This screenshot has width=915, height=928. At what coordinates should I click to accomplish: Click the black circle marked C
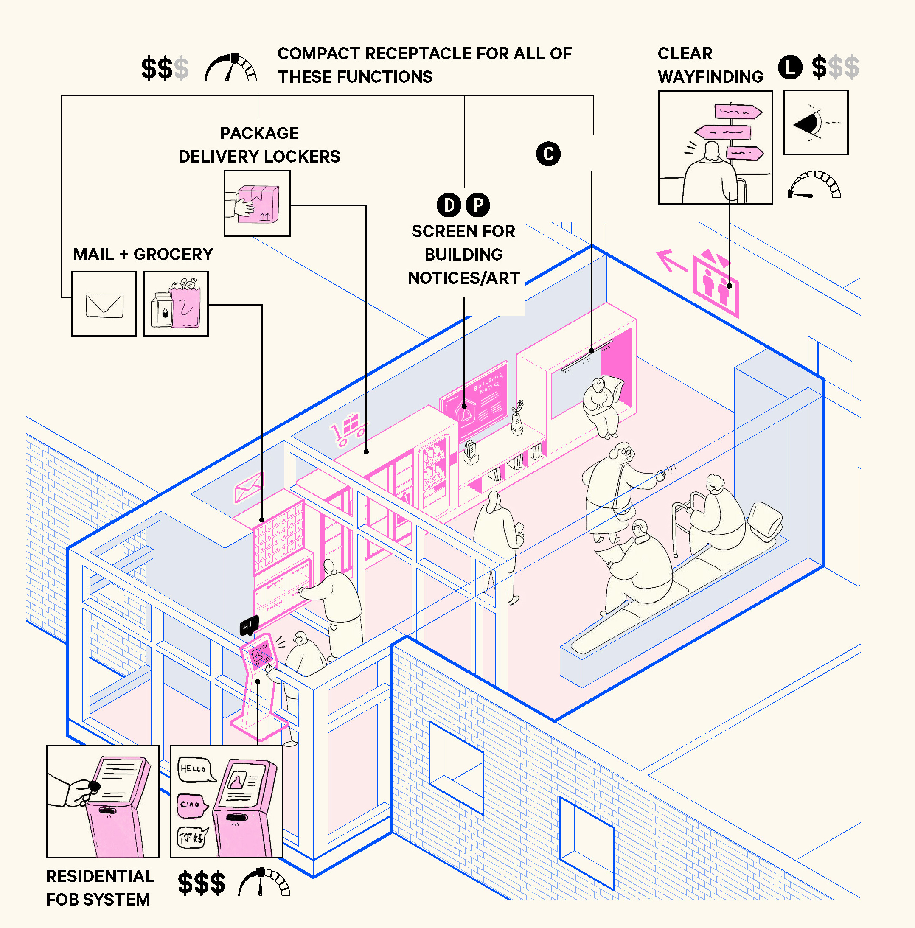(x=548, y=154)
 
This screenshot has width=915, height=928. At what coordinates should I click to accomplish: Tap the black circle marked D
(x=449, y=205)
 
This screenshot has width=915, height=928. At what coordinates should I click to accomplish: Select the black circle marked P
(x=478, y=205)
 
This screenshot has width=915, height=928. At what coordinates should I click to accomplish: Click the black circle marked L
(x=790, y=67)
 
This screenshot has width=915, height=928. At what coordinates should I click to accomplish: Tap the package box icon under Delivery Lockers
(x=257, y=203)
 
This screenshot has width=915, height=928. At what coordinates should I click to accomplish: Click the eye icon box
(x=816, y=123)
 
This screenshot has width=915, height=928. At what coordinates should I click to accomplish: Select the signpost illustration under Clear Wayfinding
(x=715, y=148)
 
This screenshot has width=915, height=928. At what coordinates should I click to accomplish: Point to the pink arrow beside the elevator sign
(x=671, y=261)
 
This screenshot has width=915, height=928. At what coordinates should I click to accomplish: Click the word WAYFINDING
(x=710, y=77)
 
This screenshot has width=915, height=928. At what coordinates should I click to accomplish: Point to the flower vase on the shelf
(x=517, y=418)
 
